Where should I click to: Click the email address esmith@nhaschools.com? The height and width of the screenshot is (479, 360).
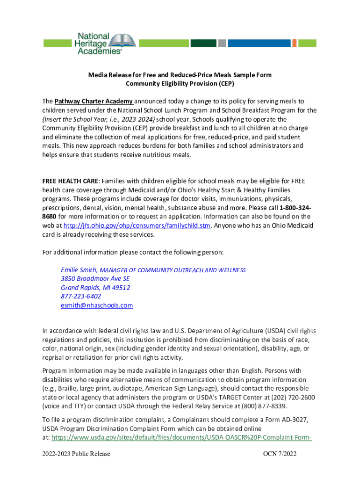pos(97,305)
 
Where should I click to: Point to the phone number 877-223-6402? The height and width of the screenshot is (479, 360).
pos(81,297)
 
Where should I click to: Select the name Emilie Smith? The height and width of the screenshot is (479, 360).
pos(79,270)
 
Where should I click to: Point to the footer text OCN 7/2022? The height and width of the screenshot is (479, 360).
pos(280,454)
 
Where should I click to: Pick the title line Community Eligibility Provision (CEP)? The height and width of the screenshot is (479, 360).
pos(180,84)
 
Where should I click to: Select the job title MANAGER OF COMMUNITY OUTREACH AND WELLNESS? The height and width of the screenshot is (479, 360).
pos(173,270)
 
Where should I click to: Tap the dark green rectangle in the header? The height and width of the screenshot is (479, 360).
pos(203,43)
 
